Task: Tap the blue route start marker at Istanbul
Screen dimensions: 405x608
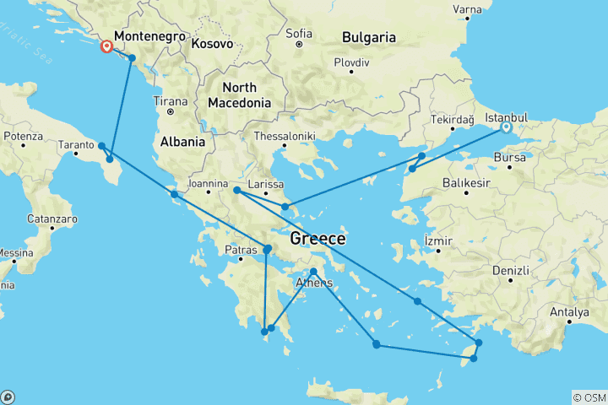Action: [x=506, y=128]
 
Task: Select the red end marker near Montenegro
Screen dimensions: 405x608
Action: [x=107, y=47]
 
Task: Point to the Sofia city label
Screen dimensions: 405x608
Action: [x=299, y=34]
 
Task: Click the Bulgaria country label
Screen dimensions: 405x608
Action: [x=369, y=37]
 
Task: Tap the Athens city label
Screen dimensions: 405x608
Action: [x=312, y=283]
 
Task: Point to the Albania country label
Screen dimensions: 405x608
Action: [x=182, y=142]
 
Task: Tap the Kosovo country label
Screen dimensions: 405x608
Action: [x=212, y=42]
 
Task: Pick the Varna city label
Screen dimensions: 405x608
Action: [x=467, y=10]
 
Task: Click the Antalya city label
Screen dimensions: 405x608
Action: [x=568, y=312]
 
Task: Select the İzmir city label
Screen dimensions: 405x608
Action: [x=439, y=240]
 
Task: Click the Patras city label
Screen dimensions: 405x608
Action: [x=242, y=250]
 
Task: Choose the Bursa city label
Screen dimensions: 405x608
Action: [x=511, y=157]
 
